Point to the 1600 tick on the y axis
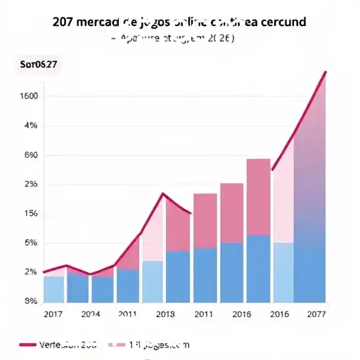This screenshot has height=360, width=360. (x=30, y=96)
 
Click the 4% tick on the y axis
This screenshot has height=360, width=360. (x=30, y=126)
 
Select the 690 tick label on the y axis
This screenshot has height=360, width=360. (x=30, y=155)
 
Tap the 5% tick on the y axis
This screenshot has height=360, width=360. (x=30, y=243)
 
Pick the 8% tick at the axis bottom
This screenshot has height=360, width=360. (x=30, y=302)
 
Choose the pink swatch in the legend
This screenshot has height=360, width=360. (x=117, y=345)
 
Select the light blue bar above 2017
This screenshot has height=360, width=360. (x=53, y=289)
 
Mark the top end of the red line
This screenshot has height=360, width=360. (x=326, y=72)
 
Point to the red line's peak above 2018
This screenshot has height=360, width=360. (x=163, y=193)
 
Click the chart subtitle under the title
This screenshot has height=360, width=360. (x=179, y=39)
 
